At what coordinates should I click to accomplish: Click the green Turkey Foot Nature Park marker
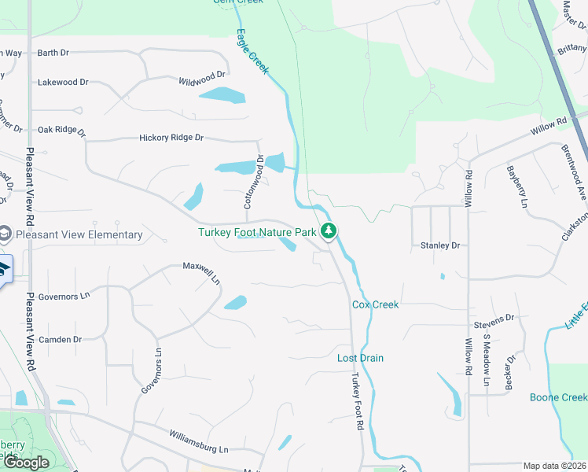[329, 231]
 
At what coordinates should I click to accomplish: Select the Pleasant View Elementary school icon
[6, 234]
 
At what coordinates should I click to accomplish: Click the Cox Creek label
[375, 304]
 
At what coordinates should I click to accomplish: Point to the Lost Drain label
[360, 358]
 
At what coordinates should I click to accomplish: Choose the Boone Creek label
[558, 397]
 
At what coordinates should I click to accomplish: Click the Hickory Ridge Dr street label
[171, 138]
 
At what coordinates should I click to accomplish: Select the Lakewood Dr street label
[63, 82]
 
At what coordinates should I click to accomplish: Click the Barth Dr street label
[53, 53]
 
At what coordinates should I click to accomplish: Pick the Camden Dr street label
[61, 340]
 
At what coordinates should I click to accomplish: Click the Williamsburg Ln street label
[199, 442]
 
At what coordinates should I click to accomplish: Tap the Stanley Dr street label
[439, 245]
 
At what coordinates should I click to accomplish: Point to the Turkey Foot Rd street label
[358, 400]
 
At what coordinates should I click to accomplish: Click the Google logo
[26, 463]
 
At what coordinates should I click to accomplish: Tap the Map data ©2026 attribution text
[554, 466]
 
